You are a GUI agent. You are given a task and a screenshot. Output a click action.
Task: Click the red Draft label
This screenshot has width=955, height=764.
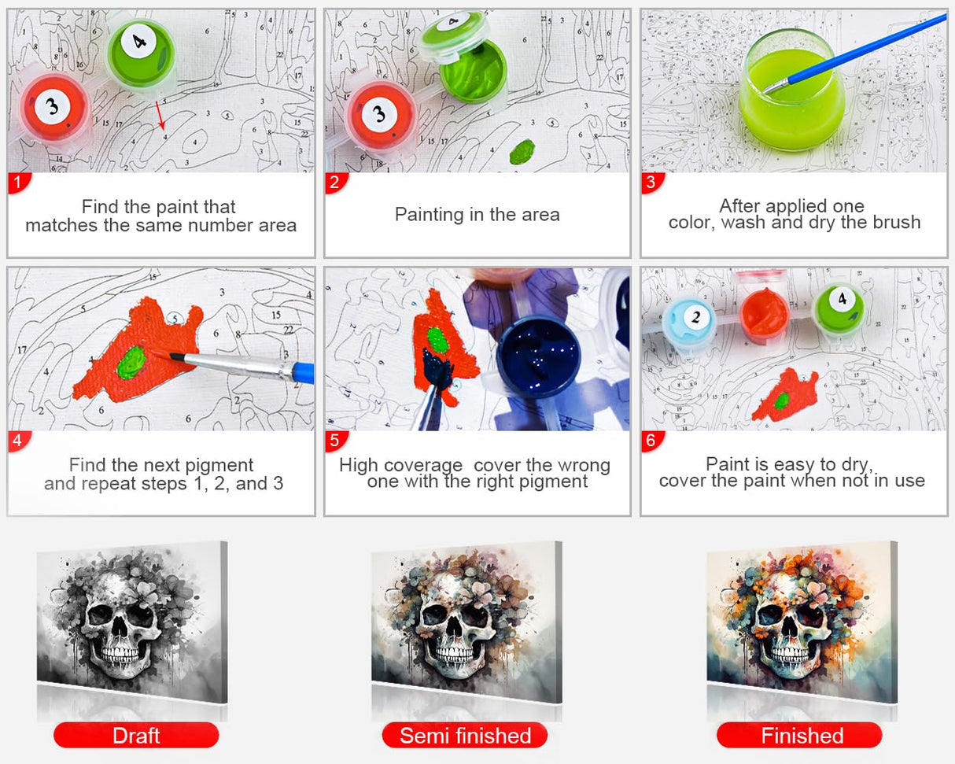tap(136, 736)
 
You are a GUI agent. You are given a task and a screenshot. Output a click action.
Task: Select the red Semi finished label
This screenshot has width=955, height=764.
tap(465, 736)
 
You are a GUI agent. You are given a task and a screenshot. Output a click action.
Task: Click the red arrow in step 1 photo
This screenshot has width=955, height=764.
tap(159, 115)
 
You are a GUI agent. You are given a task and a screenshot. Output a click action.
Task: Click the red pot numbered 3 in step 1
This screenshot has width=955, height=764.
tap(53, 107)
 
